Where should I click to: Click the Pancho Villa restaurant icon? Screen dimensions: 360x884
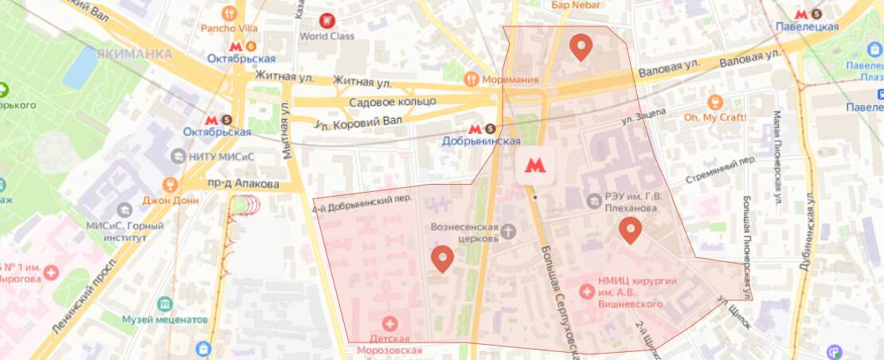230,13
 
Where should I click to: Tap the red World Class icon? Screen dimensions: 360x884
326,20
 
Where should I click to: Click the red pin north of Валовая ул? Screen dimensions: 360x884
581,47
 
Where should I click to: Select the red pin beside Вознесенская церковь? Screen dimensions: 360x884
442,258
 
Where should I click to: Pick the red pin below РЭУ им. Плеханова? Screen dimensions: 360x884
631,229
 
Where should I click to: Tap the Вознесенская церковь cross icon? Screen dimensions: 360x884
508,232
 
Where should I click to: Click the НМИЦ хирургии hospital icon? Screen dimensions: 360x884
588,292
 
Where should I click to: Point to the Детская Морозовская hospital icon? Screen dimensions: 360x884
389,323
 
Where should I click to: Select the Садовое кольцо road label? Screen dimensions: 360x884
393,102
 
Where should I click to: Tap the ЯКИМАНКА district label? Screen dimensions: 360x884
133,54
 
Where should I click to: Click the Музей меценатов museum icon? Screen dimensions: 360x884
164,304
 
